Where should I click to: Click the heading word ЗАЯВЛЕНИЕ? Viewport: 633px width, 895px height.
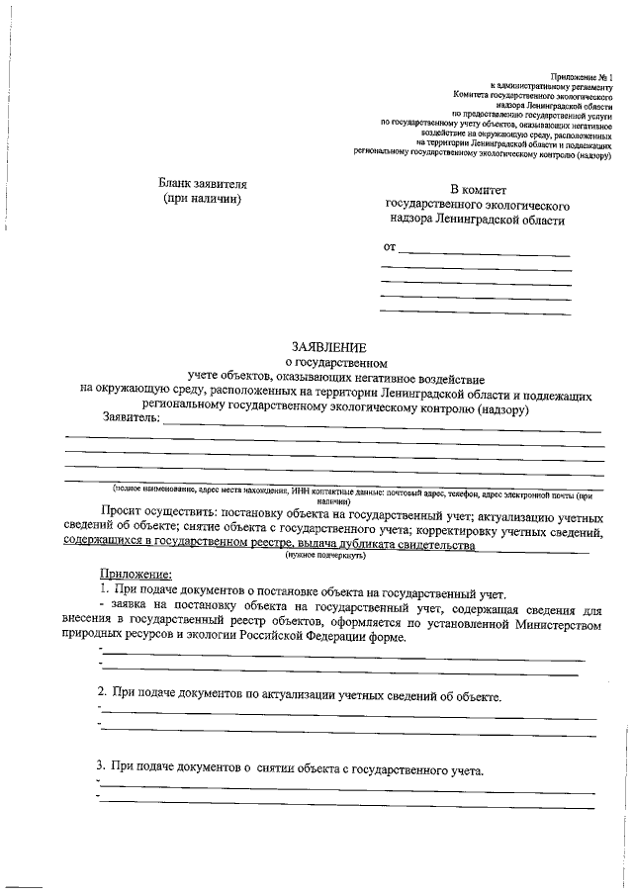pyautogui.click(x=328, y=347)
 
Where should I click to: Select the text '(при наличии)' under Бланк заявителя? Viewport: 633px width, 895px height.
pyautogui.click(x=202, y=199)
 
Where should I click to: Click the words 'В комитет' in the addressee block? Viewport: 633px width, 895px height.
pyautogui.click(x=478, y=188)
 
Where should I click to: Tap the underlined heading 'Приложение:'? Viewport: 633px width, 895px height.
pyautogui.click(x=136, y=576)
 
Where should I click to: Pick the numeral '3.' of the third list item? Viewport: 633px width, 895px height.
pyautogui.click(x=102, y=765)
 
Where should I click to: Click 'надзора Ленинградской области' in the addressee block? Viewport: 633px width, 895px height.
pyautogui.click(x=478, y=220)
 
